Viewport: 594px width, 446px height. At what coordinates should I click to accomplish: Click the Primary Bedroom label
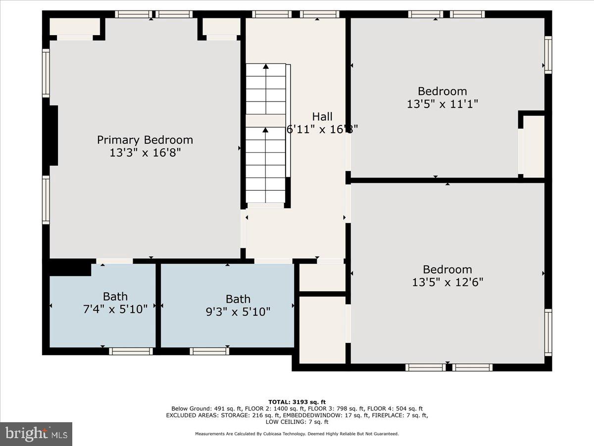coord(145,140)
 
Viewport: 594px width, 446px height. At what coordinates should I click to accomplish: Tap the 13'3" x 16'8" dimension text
coord(145,153)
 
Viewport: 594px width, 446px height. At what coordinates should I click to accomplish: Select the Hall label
coord(322,116)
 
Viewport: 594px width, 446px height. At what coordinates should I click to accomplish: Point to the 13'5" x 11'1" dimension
coord(442,104)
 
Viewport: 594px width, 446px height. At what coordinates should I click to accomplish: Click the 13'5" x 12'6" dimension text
coord(447,282)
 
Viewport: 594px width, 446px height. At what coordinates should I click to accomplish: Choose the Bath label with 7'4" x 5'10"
coord(115,296)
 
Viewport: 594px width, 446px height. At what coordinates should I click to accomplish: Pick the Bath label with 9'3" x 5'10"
coord(238,299)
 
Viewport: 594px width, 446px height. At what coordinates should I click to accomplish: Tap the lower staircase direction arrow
coord(266,130)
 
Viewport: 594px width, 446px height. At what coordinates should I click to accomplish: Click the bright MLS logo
coord(36,434)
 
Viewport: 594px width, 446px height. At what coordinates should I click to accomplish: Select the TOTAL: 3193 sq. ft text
coord(297,402)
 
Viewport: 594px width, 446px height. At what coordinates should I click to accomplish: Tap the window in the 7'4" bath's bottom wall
coord(130,351)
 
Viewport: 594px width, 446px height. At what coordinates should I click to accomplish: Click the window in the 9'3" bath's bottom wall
coord(209,351)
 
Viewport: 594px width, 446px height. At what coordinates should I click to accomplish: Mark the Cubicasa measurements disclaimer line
coord(297,434)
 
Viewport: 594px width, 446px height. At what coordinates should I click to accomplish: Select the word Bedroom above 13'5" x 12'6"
coord(447,269)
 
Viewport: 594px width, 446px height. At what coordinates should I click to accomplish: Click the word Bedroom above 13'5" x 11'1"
coord(442,91)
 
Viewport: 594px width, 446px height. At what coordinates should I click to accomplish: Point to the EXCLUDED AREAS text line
coord(297,415)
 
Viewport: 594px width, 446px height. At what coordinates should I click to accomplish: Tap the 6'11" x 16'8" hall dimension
coord(322,129)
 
